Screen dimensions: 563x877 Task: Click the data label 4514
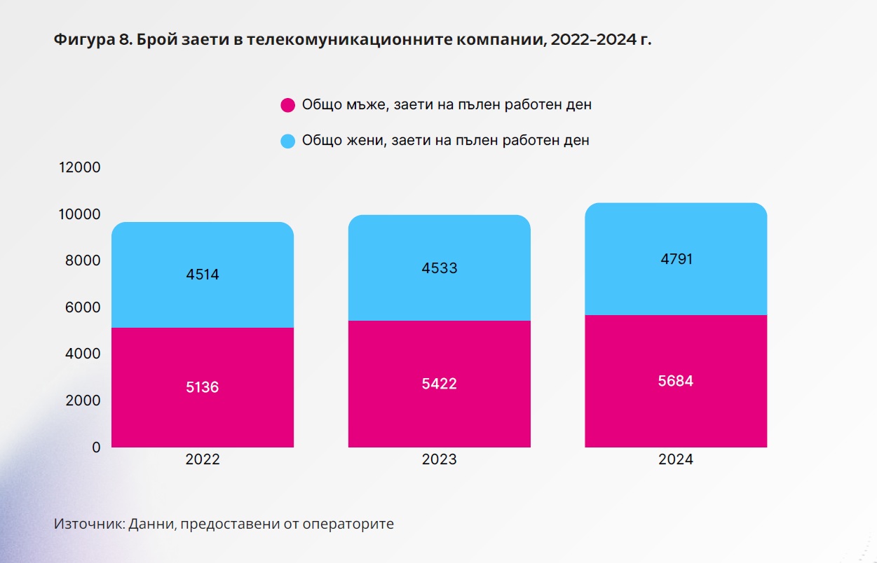coord(202,274)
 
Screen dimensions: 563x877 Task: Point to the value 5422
coord(439,384)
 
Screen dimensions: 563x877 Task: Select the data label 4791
coord(676,259)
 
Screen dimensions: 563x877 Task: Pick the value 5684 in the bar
coord(676,382)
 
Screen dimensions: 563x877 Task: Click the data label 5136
coord(202,387)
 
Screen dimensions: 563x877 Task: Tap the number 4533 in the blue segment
coord(439,268)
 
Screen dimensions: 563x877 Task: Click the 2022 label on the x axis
coord(202,460)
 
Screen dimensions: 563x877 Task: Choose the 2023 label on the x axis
coord(439,460)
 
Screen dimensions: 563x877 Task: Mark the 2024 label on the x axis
coord(676,460)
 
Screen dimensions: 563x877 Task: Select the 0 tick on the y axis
coord(96,447)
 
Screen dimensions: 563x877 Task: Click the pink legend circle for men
coord(287,106)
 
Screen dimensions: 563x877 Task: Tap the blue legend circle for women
coord(287,141)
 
